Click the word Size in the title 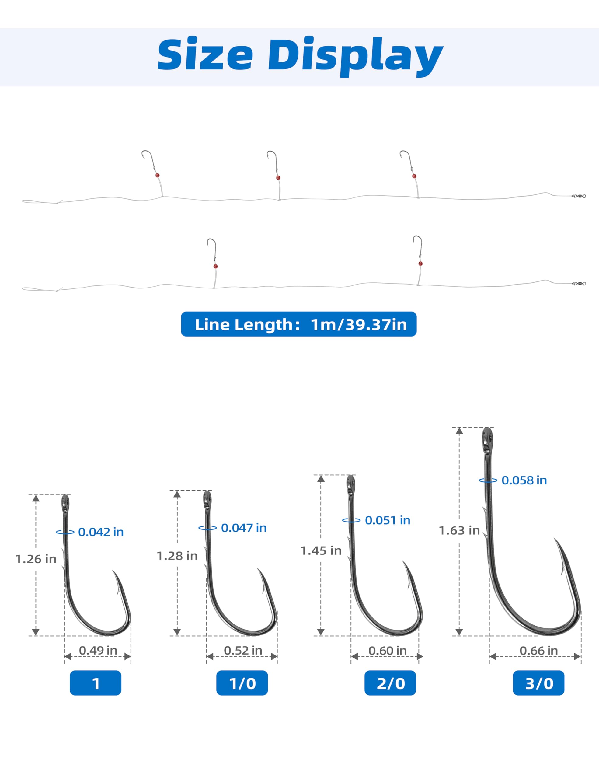[x=205, y=54]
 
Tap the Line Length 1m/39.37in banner [x=299, y=324]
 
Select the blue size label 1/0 [x=242, y=683]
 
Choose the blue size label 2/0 [x=390, y=683]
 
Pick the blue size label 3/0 [x=538, y=683]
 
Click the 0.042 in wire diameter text [x=101, y=532]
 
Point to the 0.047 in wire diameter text [x=244, y=528]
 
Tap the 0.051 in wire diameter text [x=388, y=520]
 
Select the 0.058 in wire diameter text [x=524, y=480]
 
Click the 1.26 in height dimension [x=36, y=559]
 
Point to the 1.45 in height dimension [x=321, y=550]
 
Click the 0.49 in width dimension [x=98, y=650]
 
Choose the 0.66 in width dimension [x=538, y=650]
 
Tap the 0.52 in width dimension [x=243, y=650]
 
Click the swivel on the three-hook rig [x=579, y=196]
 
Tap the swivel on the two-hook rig [x=579, y=284]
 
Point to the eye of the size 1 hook [x=65, y=503]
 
